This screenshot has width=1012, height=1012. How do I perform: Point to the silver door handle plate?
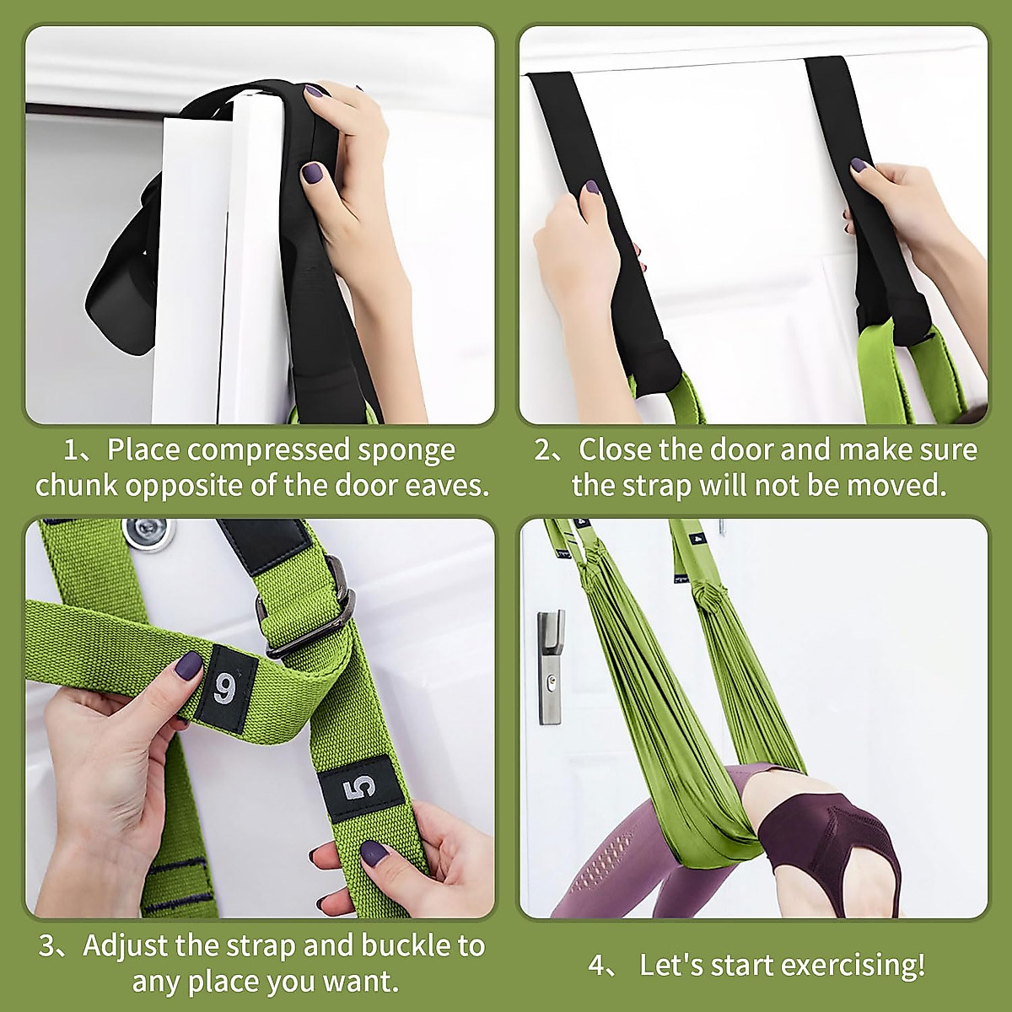[x=550, y=668]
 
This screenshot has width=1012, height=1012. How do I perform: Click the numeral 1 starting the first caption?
[x=71, y=450]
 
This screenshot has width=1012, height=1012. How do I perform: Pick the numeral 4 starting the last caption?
[x=596, y=965]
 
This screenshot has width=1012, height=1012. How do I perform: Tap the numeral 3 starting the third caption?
[x=47, y=945]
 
